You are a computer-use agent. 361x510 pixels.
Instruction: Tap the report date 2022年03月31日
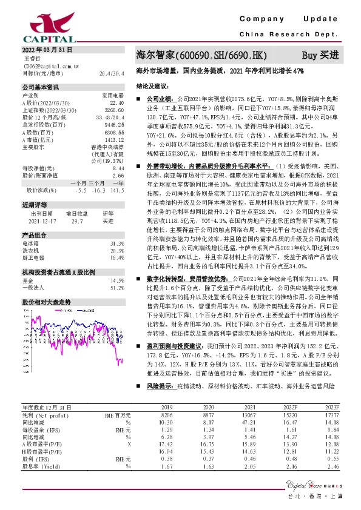click(x=47, y=49)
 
